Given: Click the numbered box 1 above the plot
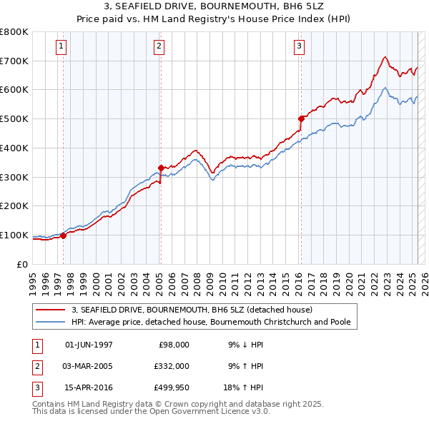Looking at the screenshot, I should point(62,47).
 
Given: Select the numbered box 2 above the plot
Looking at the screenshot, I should point(159,47).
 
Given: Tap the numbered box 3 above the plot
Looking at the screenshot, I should point(299,47).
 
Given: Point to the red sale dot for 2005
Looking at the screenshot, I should point(161,168).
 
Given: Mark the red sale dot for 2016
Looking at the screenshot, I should point(302,118).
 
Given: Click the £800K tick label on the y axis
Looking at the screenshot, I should point(14,32).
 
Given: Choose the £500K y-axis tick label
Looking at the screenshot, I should point(14,119).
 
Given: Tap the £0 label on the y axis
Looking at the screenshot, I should point(21,264).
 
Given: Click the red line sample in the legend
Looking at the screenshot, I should point(51,310).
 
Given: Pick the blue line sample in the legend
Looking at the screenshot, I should point(51,322).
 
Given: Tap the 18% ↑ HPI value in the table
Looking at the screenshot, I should point(246,389).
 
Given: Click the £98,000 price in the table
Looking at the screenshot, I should point(174,345).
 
